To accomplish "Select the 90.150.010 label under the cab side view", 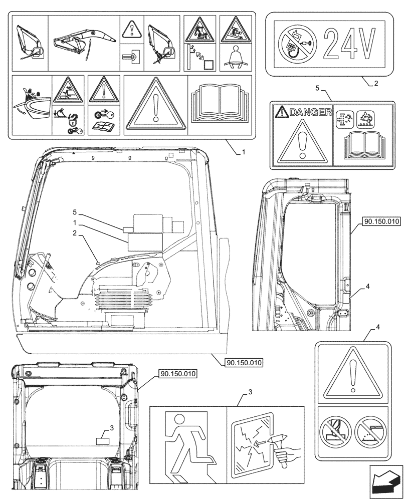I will click(x=244, y=362).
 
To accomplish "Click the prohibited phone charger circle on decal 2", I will click(x=296, y=45).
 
